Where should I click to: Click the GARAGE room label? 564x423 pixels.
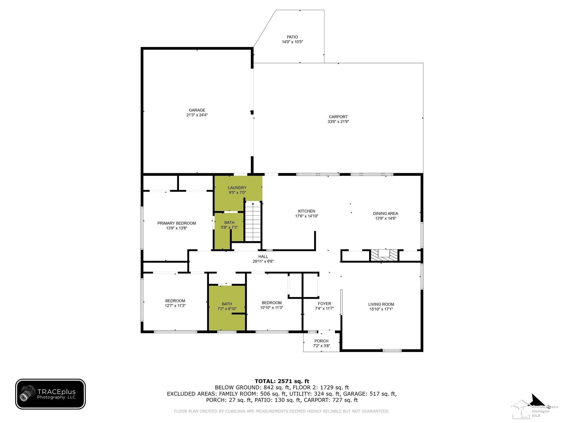click(x=197, y=110)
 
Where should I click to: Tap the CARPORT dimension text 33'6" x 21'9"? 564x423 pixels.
click(x=338, y=121)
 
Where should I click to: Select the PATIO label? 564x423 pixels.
click(x=292, y=37)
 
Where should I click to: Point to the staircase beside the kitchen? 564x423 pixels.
click(x=253, y=222)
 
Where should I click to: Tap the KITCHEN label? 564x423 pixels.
click(x=307, y=211)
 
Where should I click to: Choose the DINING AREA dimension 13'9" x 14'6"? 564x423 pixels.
click(x=386, y=218)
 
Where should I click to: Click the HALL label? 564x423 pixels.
click(x=263, y=256)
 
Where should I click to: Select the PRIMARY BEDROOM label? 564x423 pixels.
click(x=177, y=223)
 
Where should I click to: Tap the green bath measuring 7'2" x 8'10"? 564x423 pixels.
click(x=227, y=308)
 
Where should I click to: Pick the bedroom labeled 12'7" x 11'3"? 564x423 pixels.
click(x=175, y=303)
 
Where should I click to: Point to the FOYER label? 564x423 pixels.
click(x=324, y=304)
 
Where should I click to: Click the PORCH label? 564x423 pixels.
click(x=321, y=341)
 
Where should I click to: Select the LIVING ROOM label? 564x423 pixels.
click(x=381, y=304)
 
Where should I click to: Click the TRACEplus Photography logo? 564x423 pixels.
click(x=50, y=394)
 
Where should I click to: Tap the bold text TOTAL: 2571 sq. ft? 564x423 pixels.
click(x=282, y=381)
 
